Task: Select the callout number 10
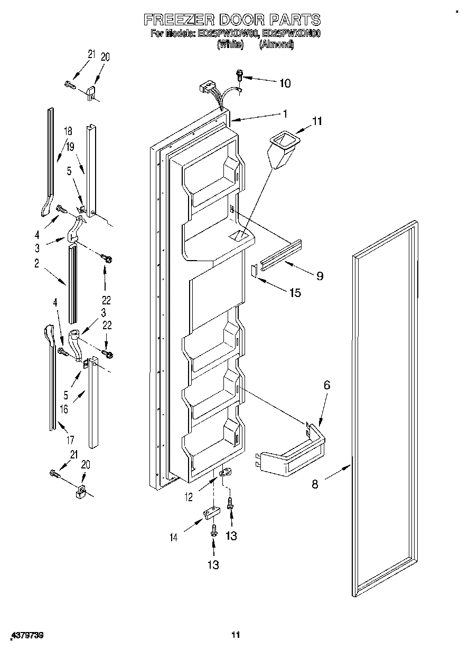click(284, 83)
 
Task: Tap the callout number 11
click(316, 121)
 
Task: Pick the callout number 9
click(320, 275)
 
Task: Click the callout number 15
click(294, 293)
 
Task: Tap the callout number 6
click(326, 386)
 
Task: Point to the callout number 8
click(315, 483)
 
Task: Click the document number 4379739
click(25, 635)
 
